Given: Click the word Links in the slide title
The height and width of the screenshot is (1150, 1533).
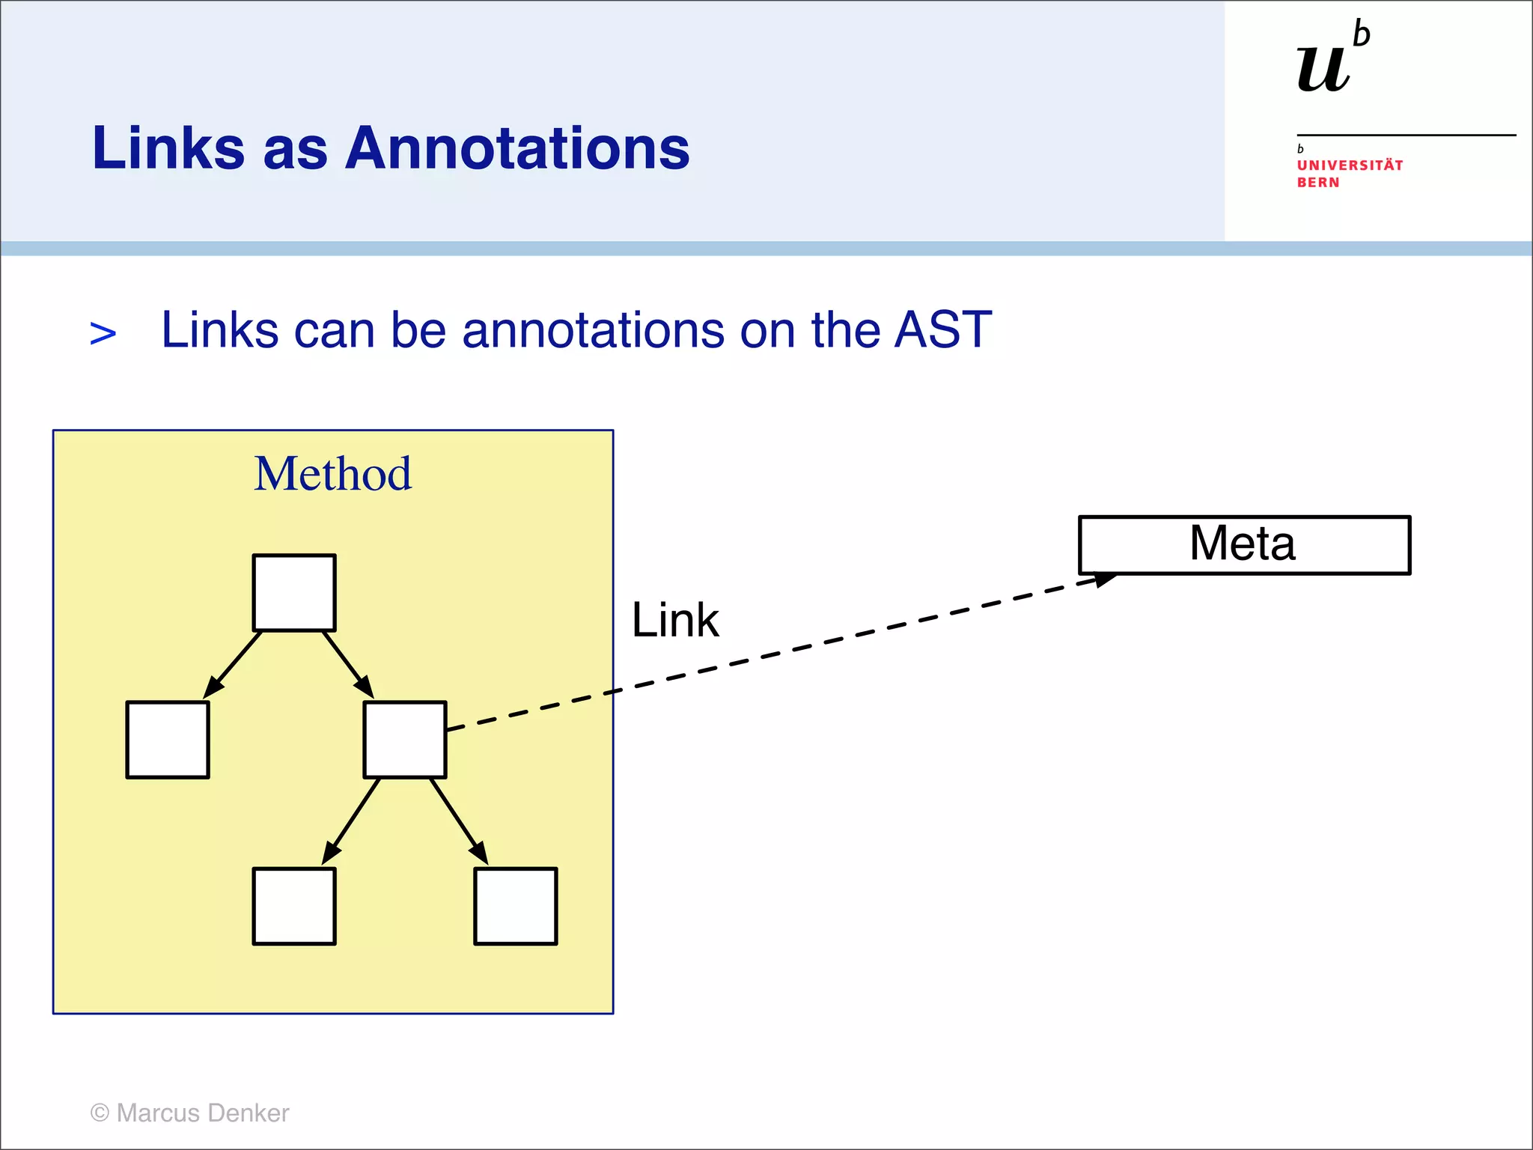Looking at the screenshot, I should click(x=168, y=148).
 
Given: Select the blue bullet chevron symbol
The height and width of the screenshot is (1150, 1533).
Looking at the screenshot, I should click(x=103, y=333).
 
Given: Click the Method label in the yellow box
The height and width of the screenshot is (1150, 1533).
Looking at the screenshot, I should click(x=332, y=474).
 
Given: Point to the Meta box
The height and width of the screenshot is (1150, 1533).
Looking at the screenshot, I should click(x=1244, y=545).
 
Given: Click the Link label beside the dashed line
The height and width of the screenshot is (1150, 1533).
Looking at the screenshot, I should click(x=675, y=620).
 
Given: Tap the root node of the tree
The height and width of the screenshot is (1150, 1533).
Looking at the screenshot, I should click(x=294, y=593).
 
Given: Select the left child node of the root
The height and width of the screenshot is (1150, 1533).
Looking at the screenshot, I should click(x=168, y=740).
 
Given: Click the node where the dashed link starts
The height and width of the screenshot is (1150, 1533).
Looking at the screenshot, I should click(x=405, y=740).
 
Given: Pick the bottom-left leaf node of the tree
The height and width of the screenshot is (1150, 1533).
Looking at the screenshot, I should click(x=294, y=906).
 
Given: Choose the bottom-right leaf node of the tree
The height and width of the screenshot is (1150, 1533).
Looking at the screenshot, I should click(x=516, y=906).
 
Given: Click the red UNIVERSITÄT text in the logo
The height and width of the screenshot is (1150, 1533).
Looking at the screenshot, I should click(x=1350, y=165).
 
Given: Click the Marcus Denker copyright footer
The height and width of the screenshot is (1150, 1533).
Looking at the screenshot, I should click(x=189, y=1113).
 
